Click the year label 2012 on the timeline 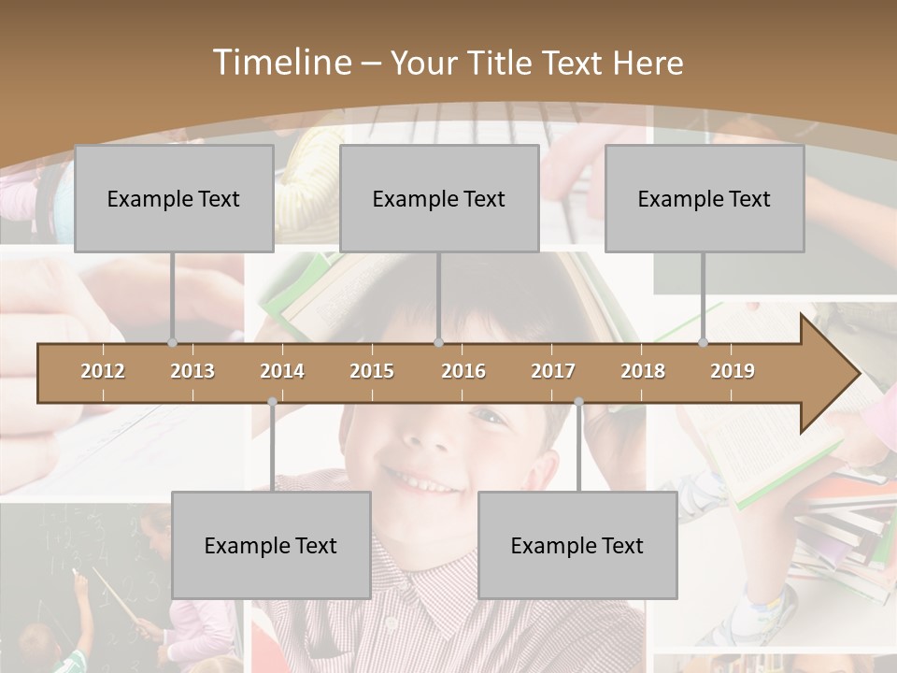(103, 371)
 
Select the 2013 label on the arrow (192, 371)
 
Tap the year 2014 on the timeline (282, 371)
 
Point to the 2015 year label (372, 371)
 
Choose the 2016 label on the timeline (463, 371)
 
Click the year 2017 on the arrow (553, 371)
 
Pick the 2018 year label (643, 371)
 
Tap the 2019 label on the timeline (733, 371)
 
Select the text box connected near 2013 (174, 198)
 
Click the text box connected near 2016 (439, 198)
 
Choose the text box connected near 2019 (705, 198)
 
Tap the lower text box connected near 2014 (271, 545)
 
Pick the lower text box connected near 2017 (577, 545)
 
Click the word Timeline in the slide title (280, 63)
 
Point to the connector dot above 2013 (172, 342)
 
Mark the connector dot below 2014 (272, 402)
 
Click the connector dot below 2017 (578, 402)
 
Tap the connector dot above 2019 (703, 342)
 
